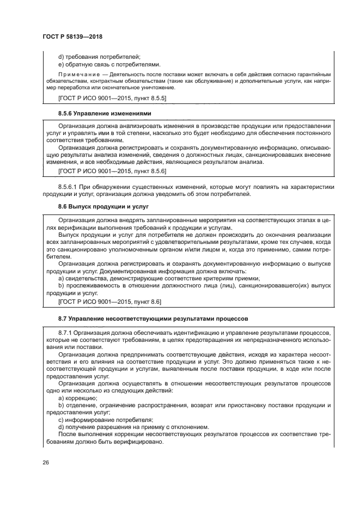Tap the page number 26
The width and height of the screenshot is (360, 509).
pos(45,463)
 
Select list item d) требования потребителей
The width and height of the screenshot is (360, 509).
pos(99,56)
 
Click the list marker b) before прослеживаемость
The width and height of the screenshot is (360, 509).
pos(61,286)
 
